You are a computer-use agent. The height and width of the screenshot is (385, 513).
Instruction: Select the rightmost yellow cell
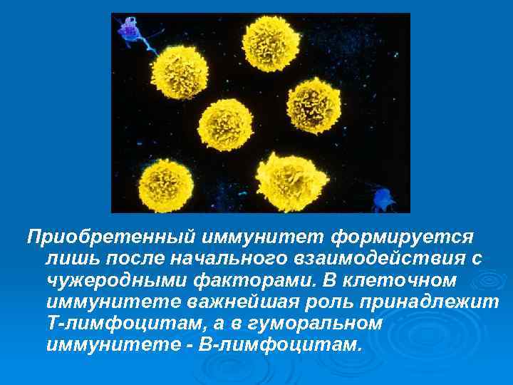[x=314, y=103]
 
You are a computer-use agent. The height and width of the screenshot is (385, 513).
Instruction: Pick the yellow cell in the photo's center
[x=226, y=124]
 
